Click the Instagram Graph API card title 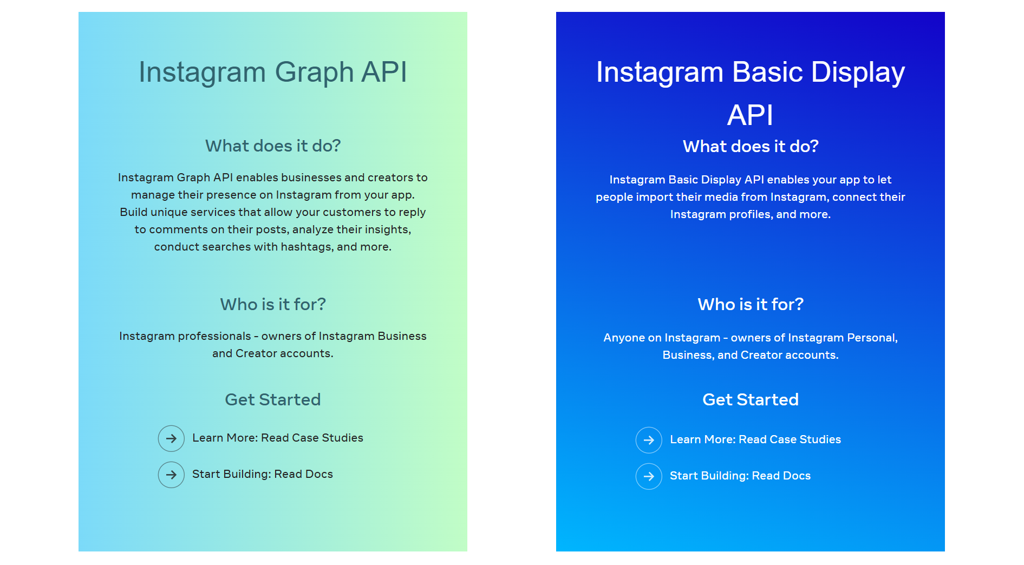coord(272,72)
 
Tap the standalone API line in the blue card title coord(750,115)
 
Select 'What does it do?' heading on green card coord(272,146)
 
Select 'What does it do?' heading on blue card coord(750,147)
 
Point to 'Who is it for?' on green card coord(272,305)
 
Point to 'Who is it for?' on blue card coord(750,305)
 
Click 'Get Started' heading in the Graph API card coord(272,400)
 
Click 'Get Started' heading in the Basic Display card coord(750,400)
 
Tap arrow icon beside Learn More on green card coord(171,438)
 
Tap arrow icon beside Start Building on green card coord(171,475)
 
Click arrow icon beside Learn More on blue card coord(649,440)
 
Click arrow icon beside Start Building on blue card coord(649,476)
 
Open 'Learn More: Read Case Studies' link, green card coord(277,438)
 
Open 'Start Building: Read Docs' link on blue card coord(740,476)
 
